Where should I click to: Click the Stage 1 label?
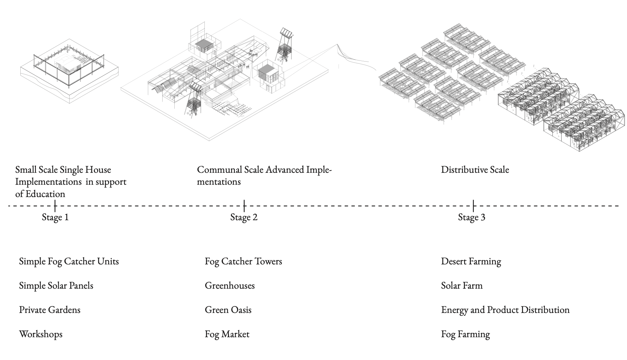[x=55, y=217]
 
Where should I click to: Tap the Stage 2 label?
[x=244, y=217]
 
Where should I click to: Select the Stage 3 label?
[x=472, y=217]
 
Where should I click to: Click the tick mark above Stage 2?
[x=244, y=206]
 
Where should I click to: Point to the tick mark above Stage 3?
[x=473, y=206]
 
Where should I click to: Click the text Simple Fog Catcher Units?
[x=69, y=261]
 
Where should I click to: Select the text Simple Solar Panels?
[x=56, y=286]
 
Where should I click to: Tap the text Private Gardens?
[x=50, y=310]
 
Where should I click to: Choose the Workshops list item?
[x=41, y=334]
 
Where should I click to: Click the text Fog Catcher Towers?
[x=243, y=261]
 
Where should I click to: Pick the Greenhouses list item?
[x=230, y=285]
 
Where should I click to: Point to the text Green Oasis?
[x=228, y=310]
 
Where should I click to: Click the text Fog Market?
[x=227, y=334]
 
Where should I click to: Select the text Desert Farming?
[x=471, y=261]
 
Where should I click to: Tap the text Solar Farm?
[x=462, y=285]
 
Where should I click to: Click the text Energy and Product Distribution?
[x=505, y=310]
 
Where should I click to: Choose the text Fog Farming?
[x=465, y=334]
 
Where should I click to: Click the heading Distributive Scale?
[x=475, y=169]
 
